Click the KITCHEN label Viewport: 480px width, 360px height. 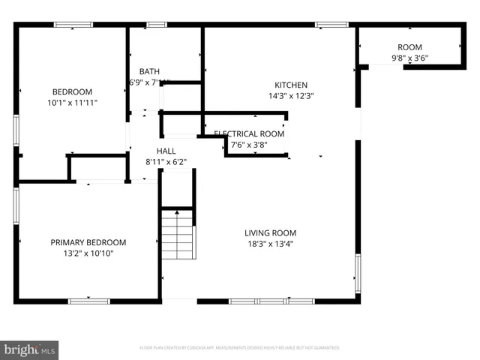tap(290, 85)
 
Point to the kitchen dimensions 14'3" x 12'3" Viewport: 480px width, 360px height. tap(290, 96)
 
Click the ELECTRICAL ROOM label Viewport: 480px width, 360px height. tap(249, 134)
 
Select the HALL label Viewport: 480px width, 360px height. tap(166, 151)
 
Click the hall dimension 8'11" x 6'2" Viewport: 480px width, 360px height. tap(166, 161)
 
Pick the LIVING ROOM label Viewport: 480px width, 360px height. tap(270, 232)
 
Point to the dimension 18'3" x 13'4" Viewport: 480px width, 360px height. tap(270, 243)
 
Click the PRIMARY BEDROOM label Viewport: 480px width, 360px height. tap(88, 242)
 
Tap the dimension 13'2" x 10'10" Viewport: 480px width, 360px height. tap(88, 253)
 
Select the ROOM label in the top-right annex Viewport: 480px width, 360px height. tap(409, 47)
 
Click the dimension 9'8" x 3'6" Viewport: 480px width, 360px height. tap(409, 58)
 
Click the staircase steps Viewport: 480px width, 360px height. tap(178, 234)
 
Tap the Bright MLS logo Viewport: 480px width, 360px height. tap(30, 349)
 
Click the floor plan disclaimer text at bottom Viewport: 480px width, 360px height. tap(240, 348)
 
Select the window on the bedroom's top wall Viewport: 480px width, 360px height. tap(73, 25)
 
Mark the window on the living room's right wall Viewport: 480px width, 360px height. tap(358, 273)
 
